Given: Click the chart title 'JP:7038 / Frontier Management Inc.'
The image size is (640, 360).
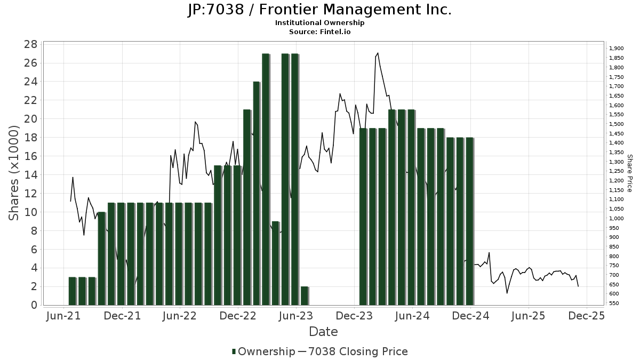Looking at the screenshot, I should pyautogui.click(x=319, y=10).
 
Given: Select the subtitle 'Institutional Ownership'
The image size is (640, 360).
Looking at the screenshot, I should pyautogui.click(x=319, y=23).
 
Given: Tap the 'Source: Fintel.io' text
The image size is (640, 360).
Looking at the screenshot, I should pyautogui.click(x=319, y=31).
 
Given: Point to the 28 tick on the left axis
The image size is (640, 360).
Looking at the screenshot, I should pyautogui.click(x=30, y=44).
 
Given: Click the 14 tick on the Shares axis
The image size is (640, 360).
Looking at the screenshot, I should pyautogui.click(x=30, y=175).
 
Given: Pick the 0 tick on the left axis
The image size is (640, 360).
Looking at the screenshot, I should pyautogui.click(x=34, y=306).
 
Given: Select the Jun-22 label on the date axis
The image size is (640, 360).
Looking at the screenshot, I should pyautogui.click(x=180, y=316).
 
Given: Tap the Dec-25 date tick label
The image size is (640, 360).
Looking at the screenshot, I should pyautogui.click(x=587, y=316).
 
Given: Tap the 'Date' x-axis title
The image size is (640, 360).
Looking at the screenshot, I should pyautogui.click(x=323, y=332).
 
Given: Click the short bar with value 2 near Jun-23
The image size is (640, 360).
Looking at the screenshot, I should pyautogui.click(x=304, y=296).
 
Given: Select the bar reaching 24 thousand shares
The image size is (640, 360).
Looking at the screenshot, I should pyautogui.click(x=256, y=194).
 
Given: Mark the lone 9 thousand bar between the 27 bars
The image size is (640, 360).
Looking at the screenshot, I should pyautogui.click(x=275, y=263).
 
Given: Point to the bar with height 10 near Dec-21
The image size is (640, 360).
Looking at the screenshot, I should pyautogui.click(x=101, y=259).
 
